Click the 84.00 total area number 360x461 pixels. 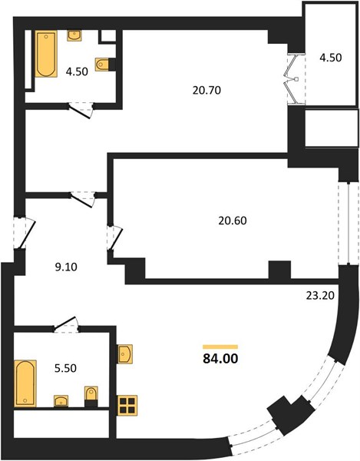(220, 358)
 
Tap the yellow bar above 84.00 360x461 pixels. (220, 347)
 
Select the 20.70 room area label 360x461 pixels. (206, 90)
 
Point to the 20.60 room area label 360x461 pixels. (233, 221)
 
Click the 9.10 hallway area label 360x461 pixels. (66, 267)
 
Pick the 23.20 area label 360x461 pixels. (320, 295)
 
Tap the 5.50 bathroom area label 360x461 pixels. (65, 368)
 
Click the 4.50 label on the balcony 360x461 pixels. (331, 58)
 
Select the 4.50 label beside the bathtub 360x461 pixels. (77, 71)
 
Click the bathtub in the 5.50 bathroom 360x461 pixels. (25, 383)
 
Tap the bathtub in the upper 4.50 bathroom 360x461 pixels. (46, 54)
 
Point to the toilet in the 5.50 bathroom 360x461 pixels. (91, 396)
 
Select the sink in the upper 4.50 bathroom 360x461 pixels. (74, 35)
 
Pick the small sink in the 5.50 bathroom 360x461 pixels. (61, 401)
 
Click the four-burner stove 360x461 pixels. (127, 405)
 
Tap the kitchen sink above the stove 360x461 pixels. (125, 354)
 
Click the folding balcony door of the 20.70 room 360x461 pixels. (292, 79)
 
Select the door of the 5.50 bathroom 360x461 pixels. (65, 324)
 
